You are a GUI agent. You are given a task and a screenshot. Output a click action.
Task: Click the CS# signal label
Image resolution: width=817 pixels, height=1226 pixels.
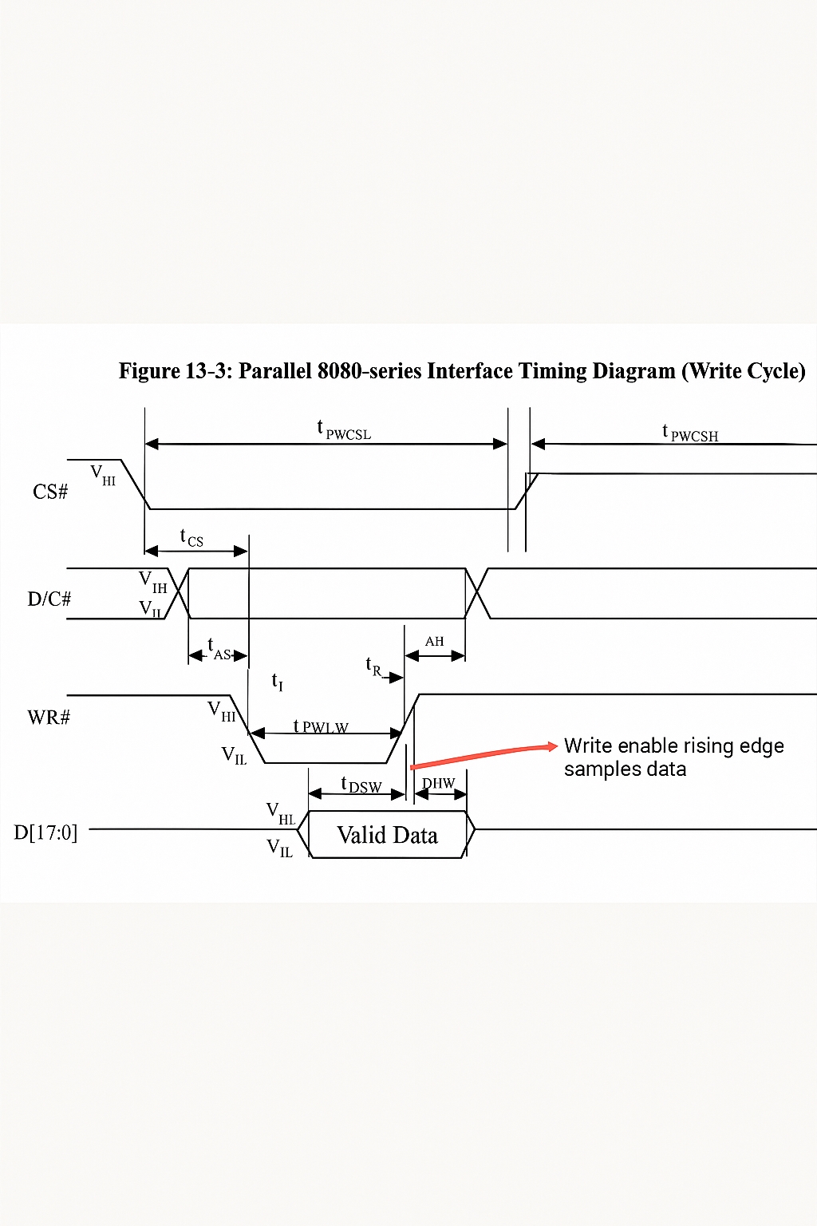click(x=50, y=492)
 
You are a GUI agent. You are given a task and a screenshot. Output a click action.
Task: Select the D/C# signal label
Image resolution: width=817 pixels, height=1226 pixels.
click(x=49, y=599)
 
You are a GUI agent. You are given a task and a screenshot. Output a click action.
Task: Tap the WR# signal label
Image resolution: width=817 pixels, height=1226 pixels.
click(x=49, y=717)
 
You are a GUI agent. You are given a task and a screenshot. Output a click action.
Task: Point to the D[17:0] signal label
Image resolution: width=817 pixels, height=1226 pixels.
click(x=45, y=832)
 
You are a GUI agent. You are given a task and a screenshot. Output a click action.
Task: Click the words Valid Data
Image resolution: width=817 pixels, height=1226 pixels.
click(x=387, y=835)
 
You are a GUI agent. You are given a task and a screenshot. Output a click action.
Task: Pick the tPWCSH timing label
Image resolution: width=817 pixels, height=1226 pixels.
click(x=690, y=433)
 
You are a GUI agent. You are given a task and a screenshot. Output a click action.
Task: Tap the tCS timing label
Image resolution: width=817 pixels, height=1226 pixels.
click(x=191, y=537)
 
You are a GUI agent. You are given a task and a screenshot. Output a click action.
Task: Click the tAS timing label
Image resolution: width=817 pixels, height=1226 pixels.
click(x=219, y=650)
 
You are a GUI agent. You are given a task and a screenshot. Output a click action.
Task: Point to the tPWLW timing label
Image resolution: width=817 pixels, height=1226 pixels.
click(x=321, y=726)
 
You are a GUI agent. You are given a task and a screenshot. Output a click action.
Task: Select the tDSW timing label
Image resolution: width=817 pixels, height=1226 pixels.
click(x=361, y=785)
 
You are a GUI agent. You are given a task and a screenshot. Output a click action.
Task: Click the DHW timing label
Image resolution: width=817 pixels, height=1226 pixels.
click(x=438, y=783)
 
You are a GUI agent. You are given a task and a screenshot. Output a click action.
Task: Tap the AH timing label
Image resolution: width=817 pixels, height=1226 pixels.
click(x=434, y=641)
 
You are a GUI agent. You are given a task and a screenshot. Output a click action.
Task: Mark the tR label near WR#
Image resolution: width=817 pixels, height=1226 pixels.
click(x=373, y=666)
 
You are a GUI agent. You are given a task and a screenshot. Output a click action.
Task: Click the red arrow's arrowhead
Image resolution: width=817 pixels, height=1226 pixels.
click(x=553, y=746)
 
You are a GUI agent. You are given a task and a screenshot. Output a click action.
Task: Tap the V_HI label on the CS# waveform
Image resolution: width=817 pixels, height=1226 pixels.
click(x=103, y=475)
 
